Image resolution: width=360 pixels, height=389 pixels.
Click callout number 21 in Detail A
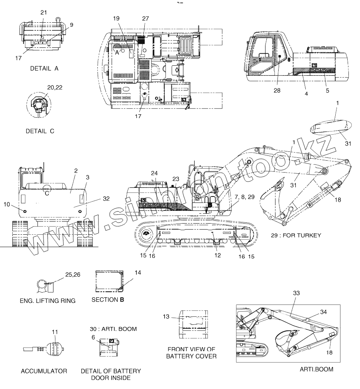click(x=43, y=12)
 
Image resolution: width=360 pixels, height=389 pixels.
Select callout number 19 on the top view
click(x=116, y=18)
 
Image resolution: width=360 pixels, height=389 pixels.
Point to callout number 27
click(x=145, y=18)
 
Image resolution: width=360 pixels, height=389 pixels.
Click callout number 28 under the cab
click(x=277, y=90)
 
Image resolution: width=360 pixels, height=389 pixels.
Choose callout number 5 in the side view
click(x=327, y=90)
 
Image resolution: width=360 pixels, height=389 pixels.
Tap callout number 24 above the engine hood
click(x=155, y=173)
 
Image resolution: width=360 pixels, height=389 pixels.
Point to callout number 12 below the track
click(x=217, y=255)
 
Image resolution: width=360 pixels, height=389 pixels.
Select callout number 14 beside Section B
click(x=138, y=273)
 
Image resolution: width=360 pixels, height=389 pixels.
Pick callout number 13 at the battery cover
click(x=166, y=317)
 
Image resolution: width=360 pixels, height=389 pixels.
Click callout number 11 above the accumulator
click(x=55, y=332)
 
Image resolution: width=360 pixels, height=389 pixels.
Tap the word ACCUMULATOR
click(x=44, y=371)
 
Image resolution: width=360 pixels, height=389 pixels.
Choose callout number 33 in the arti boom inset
click(x=296, y=293)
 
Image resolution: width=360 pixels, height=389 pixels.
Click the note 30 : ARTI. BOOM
click(x=114, y=329)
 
